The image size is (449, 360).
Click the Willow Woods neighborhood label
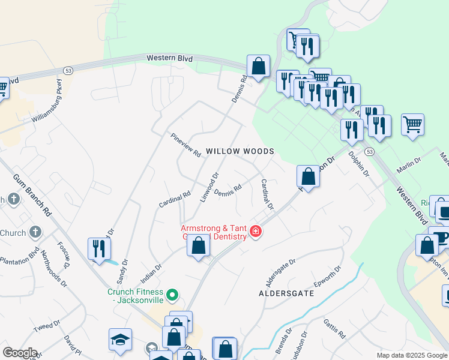pyautogui.click(x=240, y=151)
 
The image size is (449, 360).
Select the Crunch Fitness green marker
pyautogui.click(x=172, y=295)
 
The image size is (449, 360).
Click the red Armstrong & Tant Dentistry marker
pyautogui.click(x=255, y=232)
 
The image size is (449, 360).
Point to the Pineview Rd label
pyautogui.click(x=185, y=145)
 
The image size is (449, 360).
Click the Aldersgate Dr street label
pyautogui.click(x=280, y=271)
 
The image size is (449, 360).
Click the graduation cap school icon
pyautogui.click(x=120, y=340)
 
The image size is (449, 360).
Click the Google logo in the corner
pyautogui.click(x=19, y=353)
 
